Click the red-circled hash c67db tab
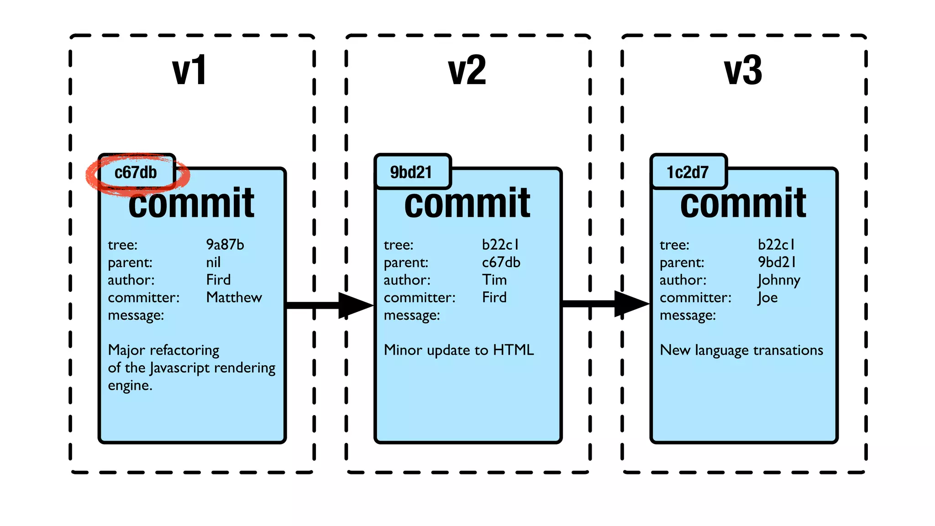pyautogui.click(x=136, y=173)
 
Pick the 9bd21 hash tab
pyautogui.click(x=411, y=173)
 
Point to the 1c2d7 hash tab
pyautogui.click(x=688, y=173)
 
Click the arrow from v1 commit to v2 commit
pyautogui.click(x=329, y=305)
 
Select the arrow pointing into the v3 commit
pyautogui.click(x=605, y=304)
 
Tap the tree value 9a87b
pyautogui.click(x=225, y=245)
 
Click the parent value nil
pyautogui.click(x=213, y=263)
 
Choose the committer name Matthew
pyautogui.click(x=234, y=298)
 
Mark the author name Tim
pyautogui.click(x=494, y=280)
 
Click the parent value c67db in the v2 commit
pyautogui.click(x=501, y=263)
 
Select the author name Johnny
pyautogui.click(x=778, y=280)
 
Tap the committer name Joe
pyautogui.click(x=767, y=298)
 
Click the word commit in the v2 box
pyautogui.click(x=467, y=203)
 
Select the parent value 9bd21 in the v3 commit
pyautogui.click(x=777, y=263)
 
